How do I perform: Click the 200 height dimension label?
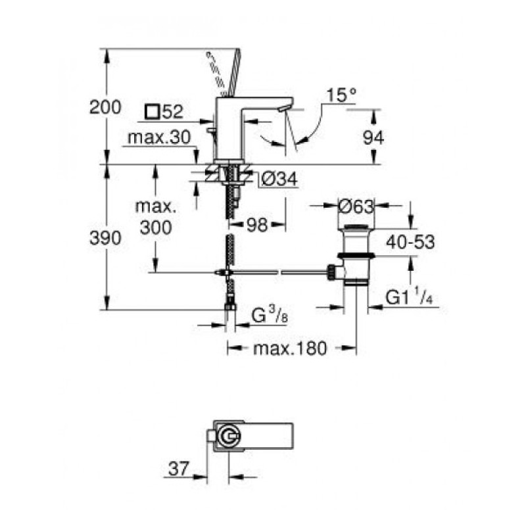pyautogui.click(x=105, y=108)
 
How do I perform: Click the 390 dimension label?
pyautogui.click(x=105, y=239)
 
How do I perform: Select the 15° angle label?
pyautogui.click(x=341, y=95)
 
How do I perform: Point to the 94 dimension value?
pyautogui.click(x=373, y=137)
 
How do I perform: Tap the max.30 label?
pyautogui.click(x=159, y=137)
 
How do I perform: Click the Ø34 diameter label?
pyautogui.click(x=279, y=179)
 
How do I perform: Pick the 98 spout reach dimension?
pyautogui.click(x=257, y=225)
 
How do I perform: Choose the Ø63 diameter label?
pyautogui.click(x=356, y=206)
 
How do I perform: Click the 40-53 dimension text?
pyautogui.click(x=410, y=242)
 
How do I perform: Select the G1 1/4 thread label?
pyautogui.click(x=409, y=297)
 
